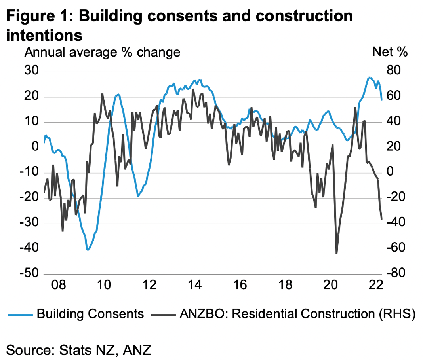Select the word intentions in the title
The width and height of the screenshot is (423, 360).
click(x=44, y=35)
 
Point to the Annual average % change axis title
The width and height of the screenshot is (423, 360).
click(x=102, y=52)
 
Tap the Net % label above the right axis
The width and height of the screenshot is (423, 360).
click(x=390, y=51)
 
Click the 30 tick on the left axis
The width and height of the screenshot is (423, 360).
click(x=32, y=70)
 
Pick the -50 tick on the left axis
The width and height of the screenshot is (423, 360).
click(x=29, y=273)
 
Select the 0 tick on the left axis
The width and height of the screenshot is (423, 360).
click(x=35, y=146)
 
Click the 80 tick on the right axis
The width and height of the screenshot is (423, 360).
click(x=394, y=70)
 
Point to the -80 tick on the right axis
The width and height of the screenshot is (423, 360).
click(x=396, y=273)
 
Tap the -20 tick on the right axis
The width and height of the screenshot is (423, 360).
click(x=396, y=197)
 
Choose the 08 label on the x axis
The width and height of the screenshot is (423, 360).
click(x=59, y=284)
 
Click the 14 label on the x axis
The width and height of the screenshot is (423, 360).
click(x=194, y=284)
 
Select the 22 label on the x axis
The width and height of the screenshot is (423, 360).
click(x=376, y=284)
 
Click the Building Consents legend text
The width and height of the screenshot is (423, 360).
click(x=90, y=314)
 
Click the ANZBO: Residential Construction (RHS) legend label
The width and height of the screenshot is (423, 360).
click(x=297, y=314)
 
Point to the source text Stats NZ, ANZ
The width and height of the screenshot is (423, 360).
click(x=105, y=350)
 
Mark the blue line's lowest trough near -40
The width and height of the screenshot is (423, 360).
click(x=88, y=250)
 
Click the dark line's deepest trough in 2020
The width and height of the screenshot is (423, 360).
click(x=336, y=253)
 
